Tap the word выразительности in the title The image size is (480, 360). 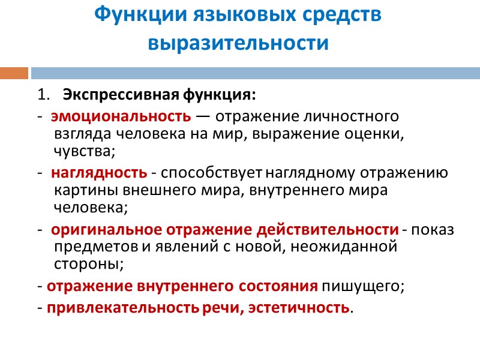click(x=239, y=44)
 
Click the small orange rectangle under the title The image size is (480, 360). click(x=14, y=73)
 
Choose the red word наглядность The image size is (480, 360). click(x=99, y=173)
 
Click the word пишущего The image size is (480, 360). click(x=364, y=286)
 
